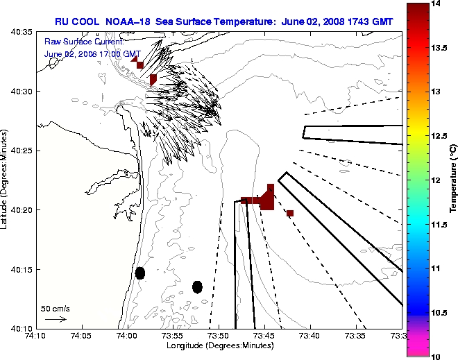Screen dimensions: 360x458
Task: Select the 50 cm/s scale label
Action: (55, 308)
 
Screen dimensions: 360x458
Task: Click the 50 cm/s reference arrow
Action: (55, 319)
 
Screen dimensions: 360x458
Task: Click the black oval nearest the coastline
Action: (140, 273)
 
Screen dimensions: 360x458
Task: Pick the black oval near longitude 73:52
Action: (197, 286)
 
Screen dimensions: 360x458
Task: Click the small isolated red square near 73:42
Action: (290, 213)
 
